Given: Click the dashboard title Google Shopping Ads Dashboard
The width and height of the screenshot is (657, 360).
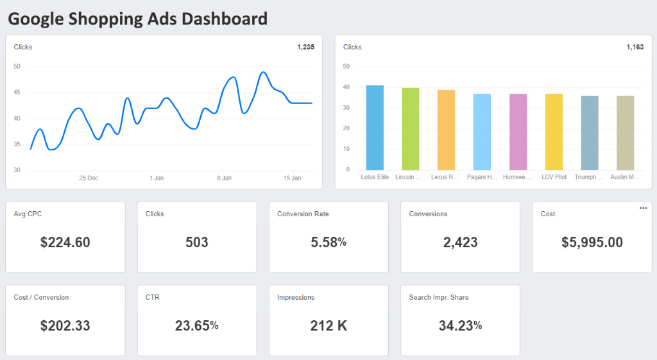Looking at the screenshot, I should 137,19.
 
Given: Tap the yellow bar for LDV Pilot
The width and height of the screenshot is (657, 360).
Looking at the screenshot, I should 554,132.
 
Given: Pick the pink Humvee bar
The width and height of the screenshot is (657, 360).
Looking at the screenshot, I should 518,132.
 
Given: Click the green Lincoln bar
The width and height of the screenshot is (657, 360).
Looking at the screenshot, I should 411,128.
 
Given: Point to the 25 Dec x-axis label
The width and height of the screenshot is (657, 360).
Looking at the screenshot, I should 89,178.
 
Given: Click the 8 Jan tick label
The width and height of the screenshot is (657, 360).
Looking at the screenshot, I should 224,178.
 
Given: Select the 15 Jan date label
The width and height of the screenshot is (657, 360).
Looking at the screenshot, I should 292,178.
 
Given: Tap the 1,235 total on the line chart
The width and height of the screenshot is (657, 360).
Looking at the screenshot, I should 305,47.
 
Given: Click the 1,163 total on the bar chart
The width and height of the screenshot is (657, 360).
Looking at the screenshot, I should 635,47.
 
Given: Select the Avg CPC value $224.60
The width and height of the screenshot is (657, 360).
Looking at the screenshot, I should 65,243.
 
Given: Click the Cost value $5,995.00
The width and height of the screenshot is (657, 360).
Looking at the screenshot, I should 592,243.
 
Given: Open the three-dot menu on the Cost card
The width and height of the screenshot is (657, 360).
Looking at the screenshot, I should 643,208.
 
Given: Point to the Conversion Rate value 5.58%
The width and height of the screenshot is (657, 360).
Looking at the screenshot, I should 328,243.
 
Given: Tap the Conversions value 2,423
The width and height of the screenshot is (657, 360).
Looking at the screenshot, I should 460,243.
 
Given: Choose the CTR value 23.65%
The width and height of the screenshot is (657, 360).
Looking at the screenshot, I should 196,326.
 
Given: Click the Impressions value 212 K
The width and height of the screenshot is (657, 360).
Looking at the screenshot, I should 328,326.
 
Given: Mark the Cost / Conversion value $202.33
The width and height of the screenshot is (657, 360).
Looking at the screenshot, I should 65,326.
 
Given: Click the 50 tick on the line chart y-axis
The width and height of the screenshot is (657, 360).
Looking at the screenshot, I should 17,66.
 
